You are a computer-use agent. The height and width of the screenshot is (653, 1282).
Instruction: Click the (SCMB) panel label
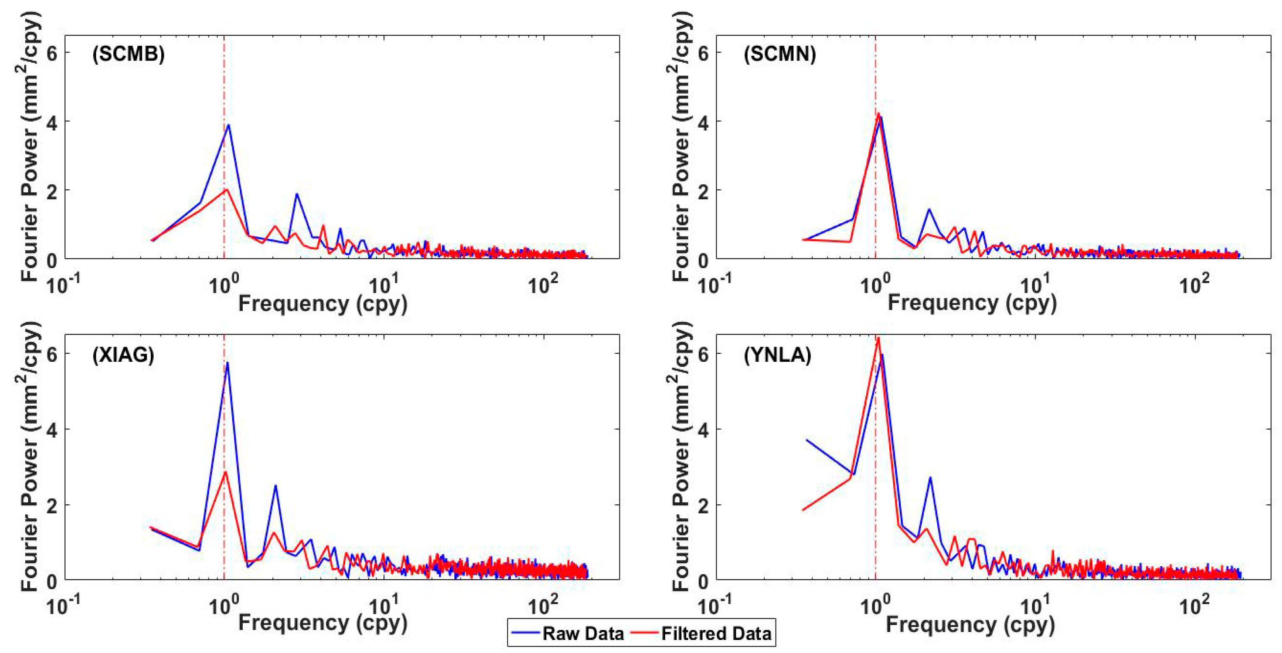(128, 54)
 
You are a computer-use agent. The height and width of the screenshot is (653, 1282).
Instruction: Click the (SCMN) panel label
(779, 54)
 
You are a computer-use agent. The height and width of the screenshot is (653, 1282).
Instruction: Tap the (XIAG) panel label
(123, 355)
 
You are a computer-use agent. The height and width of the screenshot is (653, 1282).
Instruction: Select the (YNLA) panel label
(777, 355)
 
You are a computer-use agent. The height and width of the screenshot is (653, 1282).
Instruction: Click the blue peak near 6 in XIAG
(228, 363)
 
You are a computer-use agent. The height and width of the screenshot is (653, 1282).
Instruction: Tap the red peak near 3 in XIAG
(225, 472)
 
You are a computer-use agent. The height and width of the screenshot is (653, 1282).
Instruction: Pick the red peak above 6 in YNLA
(878, 338)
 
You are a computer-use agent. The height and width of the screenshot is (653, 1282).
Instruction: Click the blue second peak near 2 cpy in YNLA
(930, 478)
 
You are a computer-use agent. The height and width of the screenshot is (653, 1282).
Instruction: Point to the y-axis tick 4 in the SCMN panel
(703, 121)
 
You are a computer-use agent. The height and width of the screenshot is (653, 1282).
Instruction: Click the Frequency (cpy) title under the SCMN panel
(971, 303)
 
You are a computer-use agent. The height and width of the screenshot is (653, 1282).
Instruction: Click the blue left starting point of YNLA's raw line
(807, 440)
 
